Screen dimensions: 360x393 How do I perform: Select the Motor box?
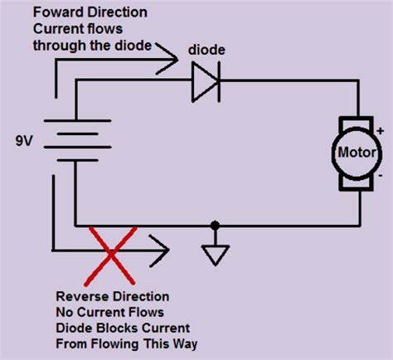pos(357,153)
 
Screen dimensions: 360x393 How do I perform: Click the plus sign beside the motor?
pos(381,130)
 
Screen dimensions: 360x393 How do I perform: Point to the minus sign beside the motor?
pos(381,177)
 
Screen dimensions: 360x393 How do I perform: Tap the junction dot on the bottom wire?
pos(216,225)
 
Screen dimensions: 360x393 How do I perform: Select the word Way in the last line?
pos(186,343)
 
